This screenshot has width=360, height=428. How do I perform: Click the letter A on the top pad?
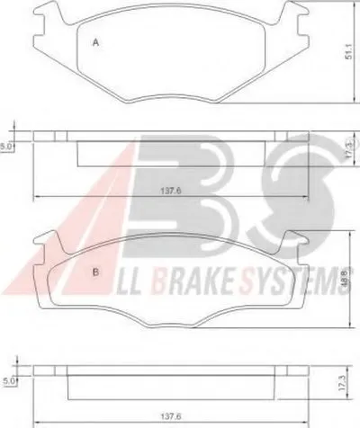[95, 42]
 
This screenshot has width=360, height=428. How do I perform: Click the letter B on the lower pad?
[95, 272]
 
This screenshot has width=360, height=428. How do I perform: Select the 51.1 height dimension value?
[348, 52]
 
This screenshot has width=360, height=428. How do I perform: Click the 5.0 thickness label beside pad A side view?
[5, 147]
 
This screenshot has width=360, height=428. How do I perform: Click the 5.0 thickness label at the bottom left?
[8, 381]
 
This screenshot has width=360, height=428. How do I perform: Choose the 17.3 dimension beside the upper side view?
[349, 149]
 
